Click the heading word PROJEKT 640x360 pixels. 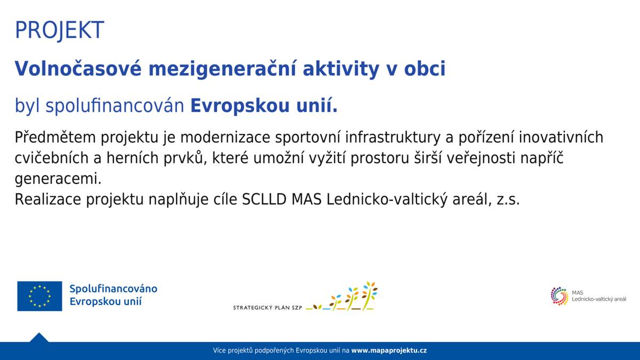(59, 30)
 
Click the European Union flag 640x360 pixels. (39, 296)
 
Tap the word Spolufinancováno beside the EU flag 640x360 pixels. (113, 289)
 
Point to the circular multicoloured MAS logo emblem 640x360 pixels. (559, 296)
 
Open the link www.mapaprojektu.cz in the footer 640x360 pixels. (389, 350)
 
